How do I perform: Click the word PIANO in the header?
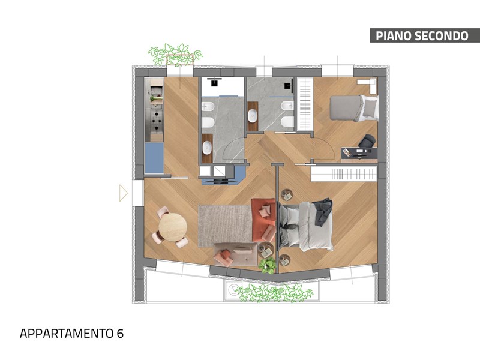pyautogui.click(x=393, y=36)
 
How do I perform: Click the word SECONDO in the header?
pyautogui.click(x=441, y=36)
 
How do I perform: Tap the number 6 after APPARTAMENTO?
pyautogui.click(x=120, y=334)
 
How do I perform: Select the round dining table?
pyautogui.click(x=173, y=227)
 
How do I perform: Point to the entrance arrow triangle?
pyautogui.click(x=123, y=193)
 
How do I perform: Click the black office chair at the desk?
pyautogui.click(x=367, y=141)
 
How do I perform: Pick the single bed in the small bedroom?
pyautogui.click(x=354, y=108)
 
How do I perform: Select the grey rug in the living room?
pyautogui.click(x=226, y=226)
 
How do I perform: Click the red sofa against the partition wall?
pyautogui.click(x=263, y=220)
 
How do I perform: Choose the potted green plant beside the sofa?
pyautogui.click(x=267, y=265)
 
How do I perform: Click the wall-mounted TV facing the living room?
pyautogui.click(x=220, y=181)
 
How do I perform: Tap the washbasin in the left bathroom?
pyautogui.click(x=207, y=148)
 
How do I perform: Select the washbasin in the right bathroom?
pyautogui.click(x=253, y=116)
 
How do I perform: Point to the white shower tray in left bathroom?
pyautogui.click(x=223, y=86)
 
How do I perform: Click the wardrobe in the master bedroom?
pyautogui.click(x=344, y=174)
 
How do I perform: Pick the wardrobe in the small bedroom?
pyautogui.click(x=305, y=103)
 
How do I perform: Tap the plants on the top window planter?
pyautogui.click(x=175, y=54)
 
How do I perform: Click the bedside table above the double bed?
pyautogui.click(x=287, y=194)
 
